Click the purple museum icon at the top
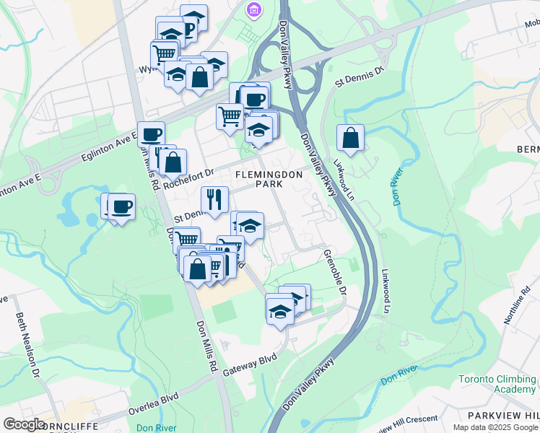253,10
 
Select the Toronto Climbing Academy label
497,384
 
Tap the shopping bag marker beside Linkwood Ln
350,138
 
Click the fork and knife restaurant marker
214,200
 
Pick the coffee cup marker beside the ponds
121,206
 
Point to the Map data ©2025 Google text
495,427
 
